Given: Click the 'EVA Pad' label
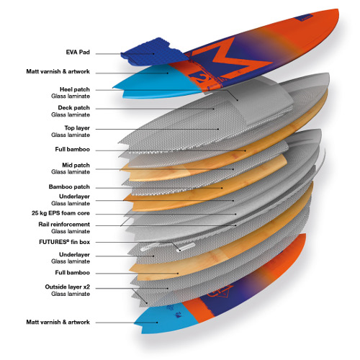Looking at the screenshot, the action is click(x=78, y=53).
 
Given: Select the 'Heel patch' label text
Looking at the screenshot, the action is click(x=75, y=89).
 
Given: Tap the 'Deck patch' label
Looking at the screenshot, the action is click(x=73, y=108).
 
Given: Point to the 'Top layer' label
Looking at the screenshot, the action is click(x=77, y=128).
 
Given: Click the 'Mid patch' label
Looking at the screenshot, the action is click(x=76, y=165).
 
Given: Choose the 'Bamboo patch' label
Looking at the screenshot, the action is click(x=69, y=186).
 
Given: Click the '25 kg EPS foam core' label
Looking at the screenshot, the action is click(x=60, y=213).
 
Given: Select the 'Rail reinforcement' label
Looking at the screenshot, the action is click(x=64, y=225).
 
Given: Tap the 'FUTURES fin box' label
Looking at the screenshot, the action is click(x=64, y=242).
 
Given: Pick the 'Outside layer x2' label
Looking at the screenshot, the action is click(x=68, y=287).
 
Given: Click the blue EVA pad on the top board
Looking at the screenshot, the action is click(x=153, y=53).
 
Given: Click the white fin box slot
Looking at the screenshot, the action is click(x=185, y=247).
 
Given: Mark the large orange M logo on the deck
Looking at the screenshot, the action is click(x=230, y=59).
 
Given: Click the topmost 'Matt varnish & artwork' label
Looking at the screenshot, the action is click(x=58, y=71).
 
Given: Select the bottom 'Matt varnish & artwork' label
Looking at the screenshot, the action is click(x=58, y=322).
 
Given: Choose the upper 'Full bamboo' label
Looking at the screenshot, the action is click(x=73, y=149).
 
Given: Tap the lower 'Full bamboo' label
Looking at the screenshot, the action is click(x=73, y=273).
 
